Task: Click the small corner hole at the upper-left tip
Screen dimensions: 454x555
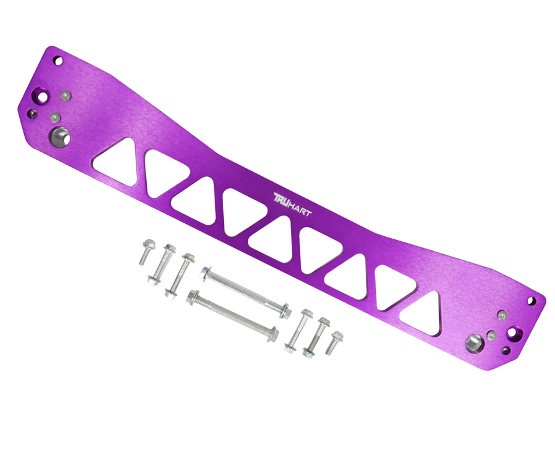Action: click(57, 61)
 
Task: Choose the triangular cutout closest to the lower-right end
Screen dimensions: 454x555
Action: click(422, 305)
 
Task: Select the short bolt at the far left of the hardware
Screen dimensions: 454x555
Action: click(146, 253)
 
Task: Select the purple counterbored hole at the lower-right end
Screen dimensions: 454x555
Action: click(514, 336)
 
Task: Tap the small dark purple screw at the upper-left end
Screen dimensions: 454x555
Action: click(31, 113)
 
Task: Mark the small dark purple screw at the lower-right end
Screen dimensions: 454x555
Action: click(506, 350)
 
